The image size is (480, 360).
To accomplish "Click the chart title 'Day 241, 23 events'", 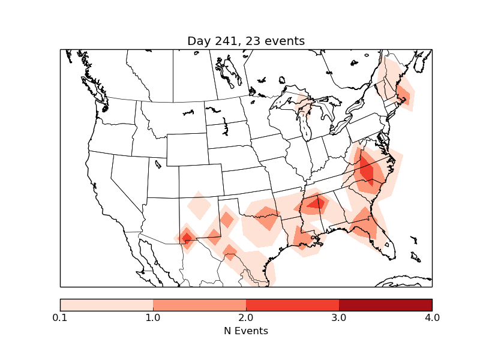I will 246,41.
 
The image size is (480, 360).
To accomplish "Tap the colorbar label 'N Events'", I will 246,331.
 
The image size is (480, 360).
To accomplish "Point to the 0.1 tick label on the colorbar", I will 60,317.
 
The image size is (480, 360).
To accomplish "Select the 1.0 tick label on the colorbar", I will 153,317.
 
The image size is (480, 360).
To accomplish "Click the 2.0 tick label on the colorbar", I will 246,317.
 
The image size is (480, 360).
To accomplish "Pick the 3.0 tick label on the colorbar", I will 339,317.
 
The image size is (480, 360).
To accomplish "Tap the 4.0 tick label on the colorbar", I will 432,317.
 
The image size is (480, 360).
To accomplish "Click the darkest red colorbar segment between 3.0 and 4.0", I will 385,304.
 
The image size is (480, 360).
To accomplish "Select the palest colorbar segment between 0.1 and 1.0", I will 106,304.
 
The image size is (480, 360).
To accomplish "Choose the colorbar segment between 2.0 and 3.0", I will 292,304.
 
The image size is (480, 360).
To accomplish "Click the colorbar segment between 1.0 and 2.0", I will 199,304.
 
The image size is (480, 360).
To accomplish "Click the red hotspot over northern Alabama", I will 316,203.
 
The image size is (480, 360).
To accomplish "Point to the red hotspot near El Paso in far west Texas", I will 187,238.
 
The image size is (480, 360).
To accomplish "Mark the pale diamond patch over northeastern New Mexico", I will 199,208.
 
